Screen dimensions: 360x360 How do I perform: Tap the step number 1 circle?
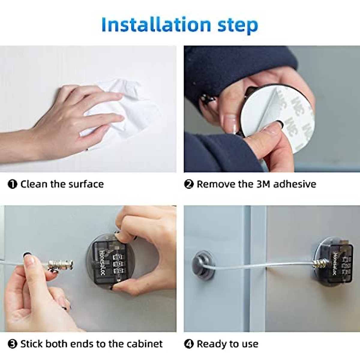[x=12, y=184]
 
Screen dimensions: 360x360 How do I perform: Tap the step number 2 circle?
[x=189, y=184]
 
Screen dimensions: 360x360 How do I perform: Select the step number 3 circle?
[x=12, y=344]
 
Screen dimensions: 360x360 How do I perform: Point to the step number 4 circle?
[x=189, y=344]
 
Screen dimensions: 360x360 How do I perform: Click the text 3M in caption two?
[x=263, y=184]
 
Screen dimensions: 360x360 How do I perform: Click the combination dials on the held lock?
[x=117, y=264]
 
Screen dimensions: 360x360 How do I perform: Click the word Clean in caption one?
[x=34, y=184]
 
